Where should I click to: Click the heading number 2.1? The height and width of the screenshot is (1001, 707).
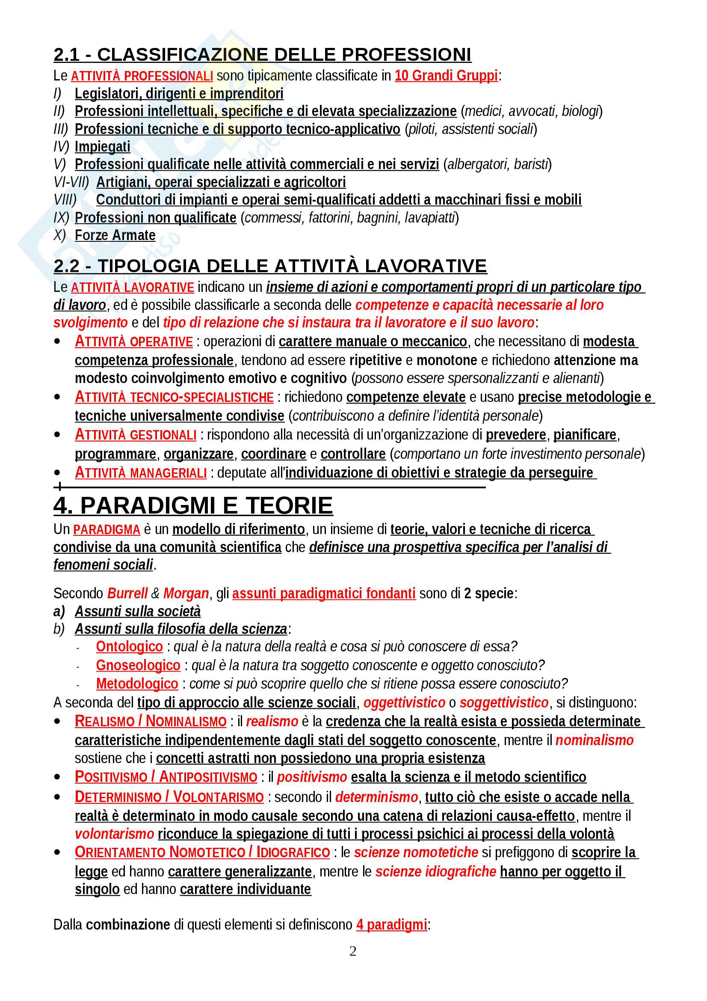coord(67,55)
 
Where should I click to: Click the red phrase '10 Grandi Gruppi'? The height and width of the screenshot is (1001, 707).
coord(446,76)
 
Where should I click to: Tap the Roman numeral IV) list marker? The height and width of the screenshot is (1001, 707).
coord(61,147)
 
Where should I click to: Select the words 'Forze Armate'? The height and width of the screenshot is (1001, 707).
coord(115,235)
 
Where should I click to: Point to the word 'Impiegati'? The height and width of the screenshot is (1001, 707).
coord(102,147)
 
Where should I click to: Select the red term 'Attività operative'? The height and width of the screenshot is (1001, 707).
coord(134,342)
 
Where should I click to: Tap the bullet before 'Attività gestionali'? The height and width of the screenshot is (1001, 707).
coord(57,435)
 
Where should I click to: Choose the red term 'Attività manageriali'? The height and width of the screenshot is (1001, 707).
coord(141,473)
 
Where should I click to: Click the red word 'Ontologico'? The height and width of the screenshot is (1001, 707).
coord(129,647)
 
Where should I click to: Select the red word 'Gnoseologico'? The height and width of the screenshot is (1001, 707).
coord(138,665)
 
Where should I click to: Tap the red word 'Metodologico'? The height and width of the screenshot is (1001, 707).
coord(137,683)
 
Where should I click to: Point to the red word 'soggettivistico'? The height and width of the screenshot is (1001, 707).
coord(503,703)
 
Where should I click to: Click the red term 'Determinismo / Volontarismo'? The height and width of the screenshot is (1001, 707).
coord(169,797)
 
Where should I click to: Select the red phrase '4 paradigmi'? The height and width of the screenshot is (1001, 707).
coord(392,924)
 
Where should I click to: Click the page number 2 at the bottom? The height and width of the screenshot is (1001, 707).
coord(353,951)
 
